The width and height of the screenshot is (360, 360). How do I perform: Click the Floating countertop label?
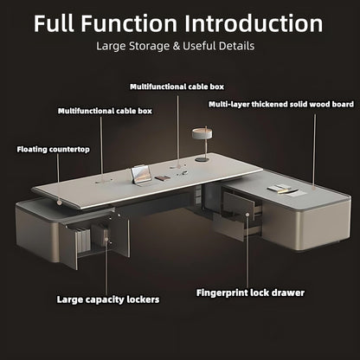tap(53, 149)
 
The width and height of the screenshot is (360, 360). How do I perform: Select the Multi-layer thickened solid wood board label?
tap(280, 104)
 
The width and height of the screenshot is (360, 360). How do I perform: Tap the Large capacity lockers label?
tap(106, 299)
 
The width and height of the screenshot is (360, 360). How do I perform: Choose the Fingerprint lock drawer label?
tap(251, 292)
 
